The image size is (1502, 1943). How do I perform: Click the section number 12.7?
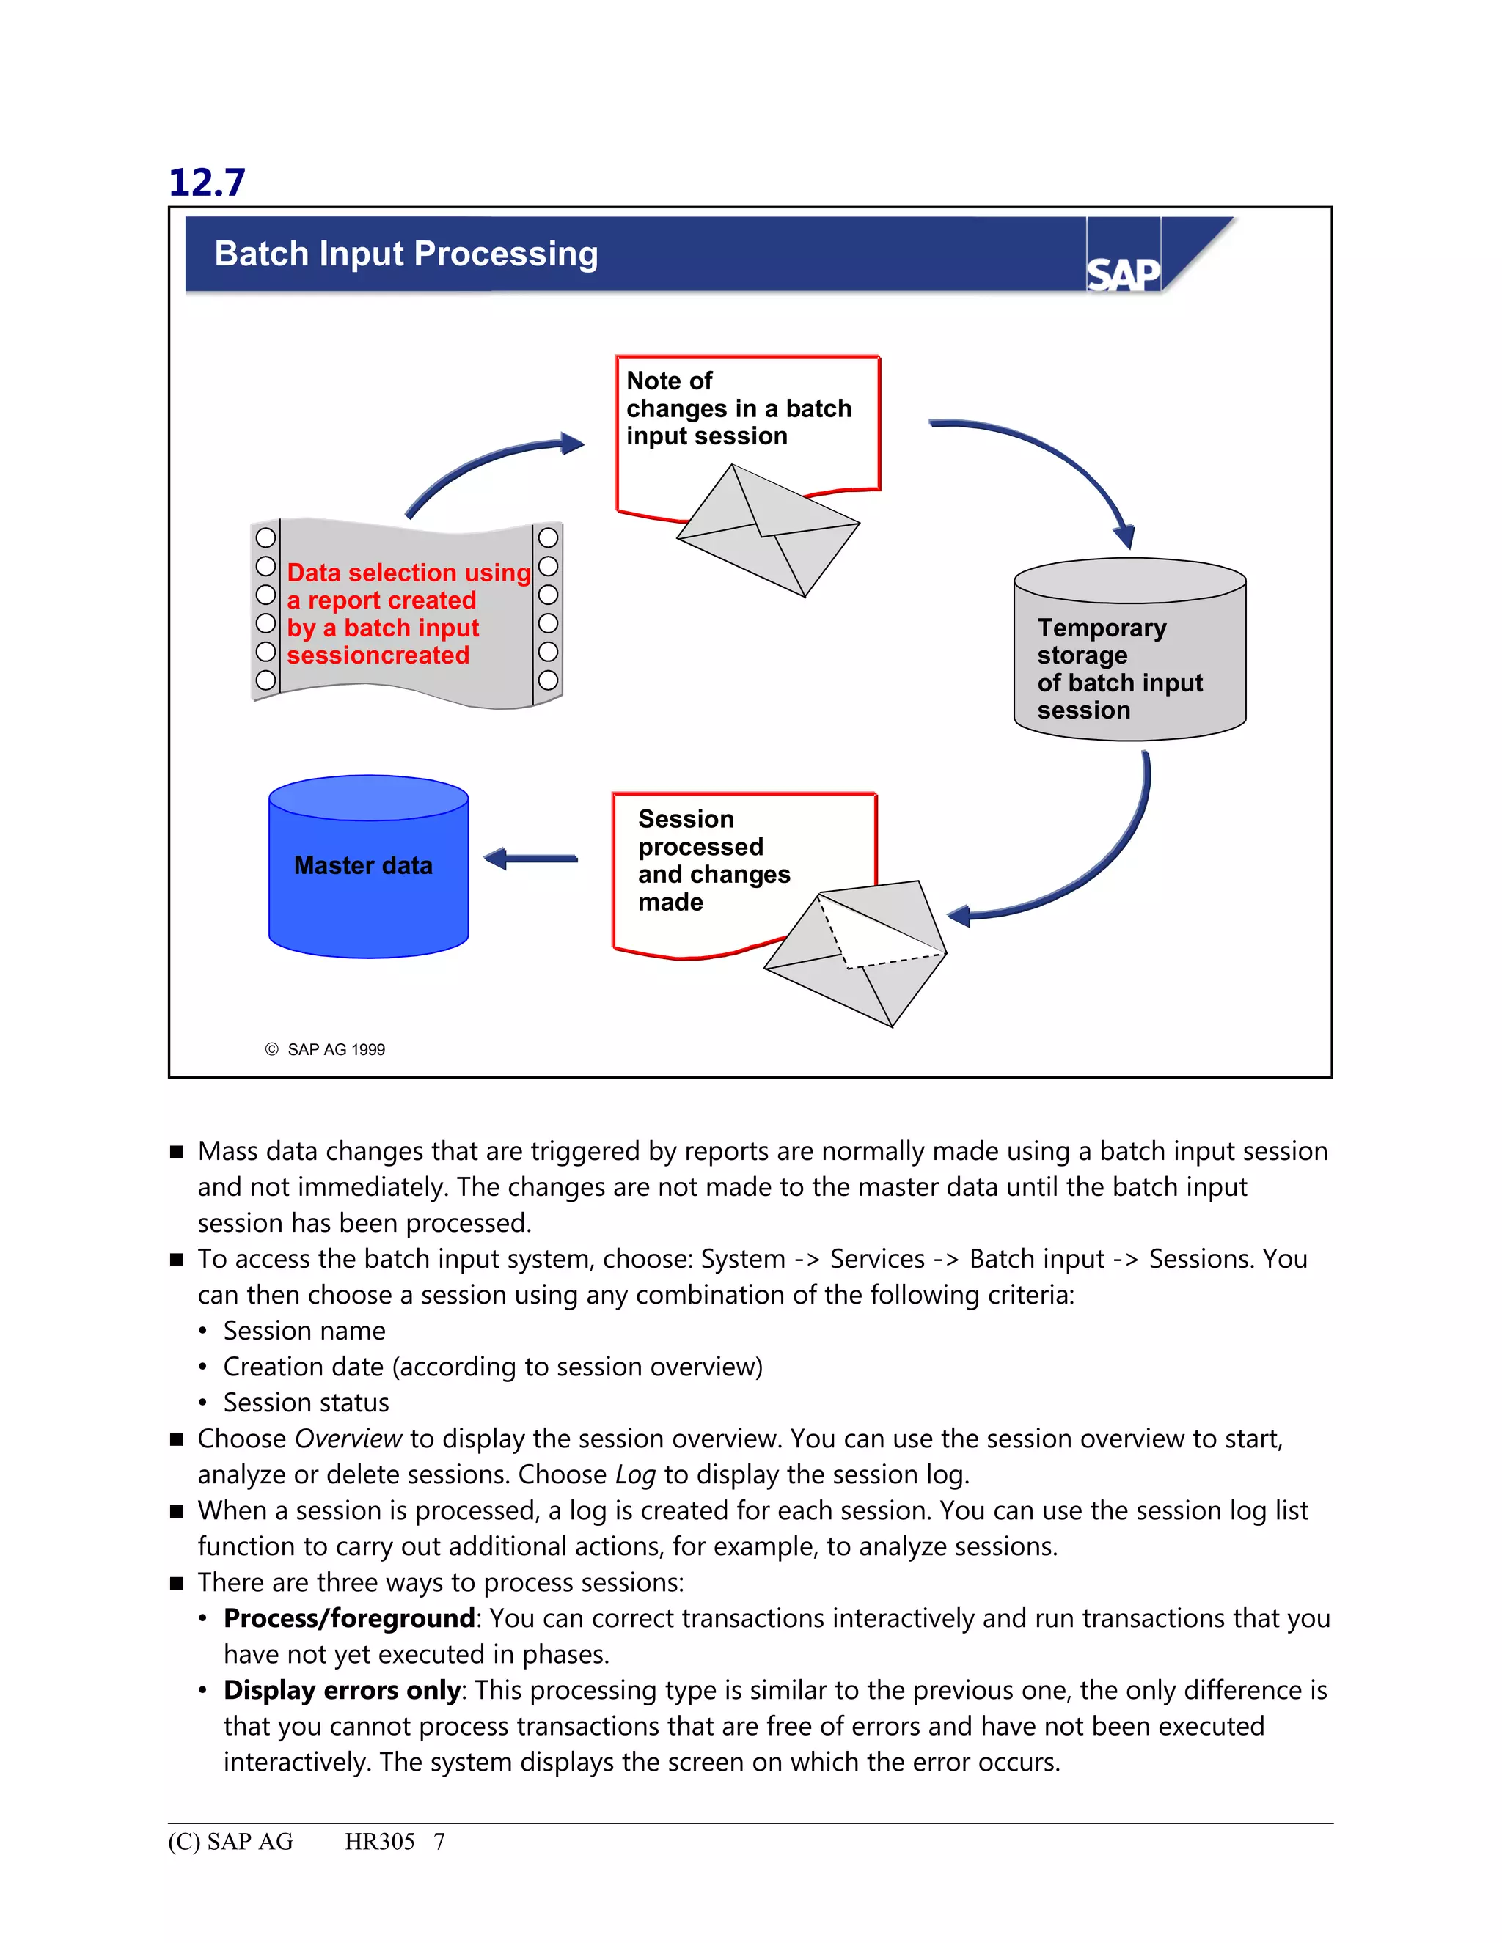[206, 183]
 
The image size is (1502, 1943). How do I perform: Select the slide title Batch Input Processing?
[406, 254]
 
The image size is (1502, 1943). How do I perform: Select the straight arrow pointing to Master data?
[530, 859]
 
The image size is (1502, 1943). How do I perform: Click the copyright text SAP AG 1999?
[335, 1050]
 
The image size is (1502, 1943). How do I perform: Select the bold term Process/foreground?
[349, 1618]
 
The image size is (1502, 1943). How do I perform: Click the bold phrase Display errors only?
[342, 1690]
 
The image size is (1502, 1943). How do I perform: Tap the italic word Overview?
[349, 1439]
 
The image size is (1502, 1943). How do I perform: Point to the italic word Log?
[635, 1475]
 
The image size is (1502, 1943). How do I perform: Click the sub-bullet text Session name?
[304, 1331]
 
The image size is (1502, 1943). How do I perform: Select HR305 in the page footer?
[379, 1842]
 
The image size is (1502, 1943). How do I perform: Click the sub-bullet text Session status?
[306, 1403]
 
